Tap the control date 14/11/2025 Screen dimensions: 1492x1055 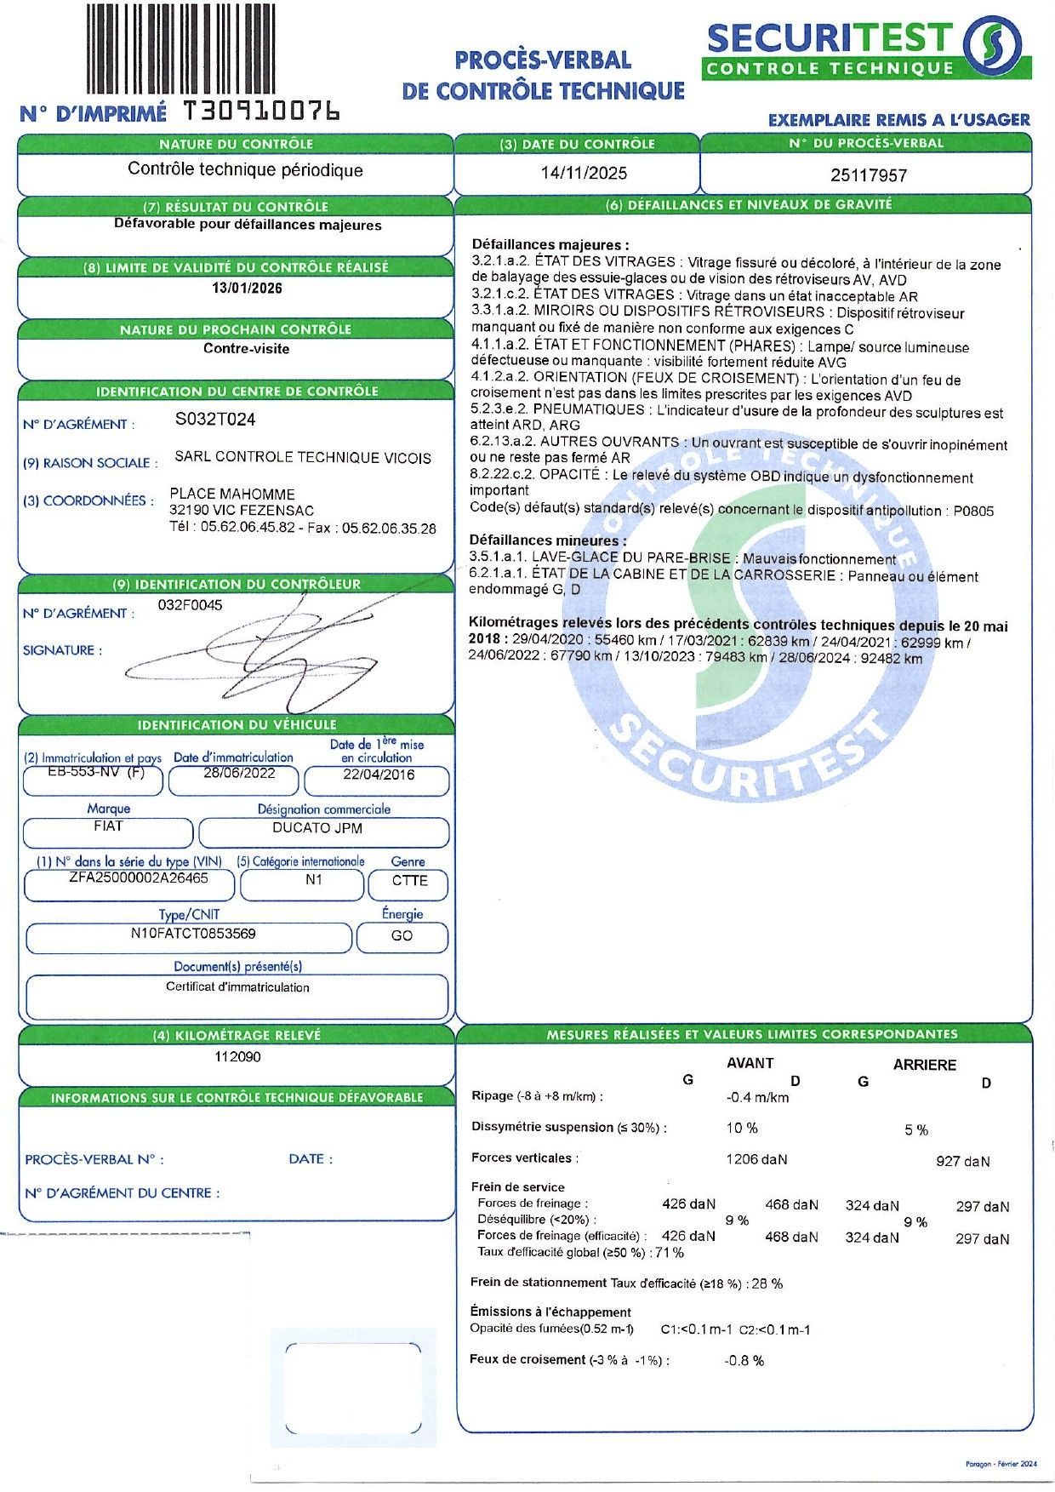click(x=584, y=174)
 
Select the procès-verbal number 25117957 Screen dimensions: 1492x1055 click(x=869, y=175)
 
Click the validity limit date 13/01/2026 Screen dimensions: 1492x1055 click(x=247, y=289)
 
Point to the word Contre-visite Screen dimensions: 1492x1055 click(x=247, y=349)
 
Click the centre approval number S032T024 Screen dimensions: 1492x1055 click(x=215, y=420)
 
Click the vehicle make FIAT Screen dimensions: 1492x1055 click(x=108, y=826)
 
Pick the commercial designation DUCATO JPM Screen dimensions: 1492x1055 click(x=317, y=828)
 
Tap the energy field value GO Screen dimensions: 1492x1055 click(x=402, y=935)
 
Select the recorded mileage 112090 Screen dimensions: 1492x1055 click(x=238, y=1057)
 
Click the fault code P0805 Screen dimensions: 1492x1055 click(x=973, y=511)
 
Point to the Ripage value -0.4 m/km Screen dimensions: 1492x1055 click(x=757, y=1097)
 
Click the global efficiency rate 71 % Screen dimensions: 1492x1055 click(x=669, y=1253)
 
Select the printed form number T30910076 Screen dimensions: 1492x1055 click(x=262, y=111)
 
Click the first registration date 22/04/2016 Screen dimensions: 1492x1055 click(x=379, y=775)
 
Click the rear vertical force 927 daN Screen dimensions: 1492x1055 click(x=962, y=1161)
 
